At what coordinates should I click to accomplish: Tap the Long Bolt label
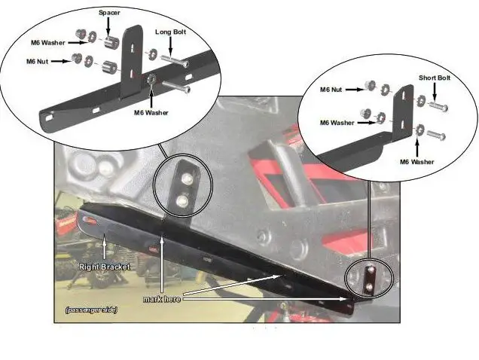pyautogui.click(x=172, y=32)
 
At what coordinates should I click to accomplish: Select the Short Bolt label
pyautogui.click(x=436, y=78)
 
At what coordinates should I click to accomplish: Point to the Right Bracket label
pyautogui.click(x=105, y=266)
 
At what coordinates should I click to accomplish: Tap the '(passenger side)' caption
pyautogui.click(x=91, y=310)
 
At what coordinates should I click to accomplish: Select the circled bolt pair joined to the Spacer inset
pyautogui.click(x=183, y=188)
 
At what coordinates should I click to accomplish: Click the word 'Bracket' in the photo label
pyautogui.click(x=117, y=266)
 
